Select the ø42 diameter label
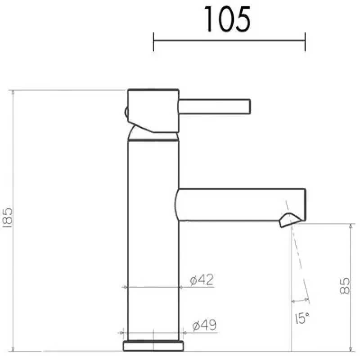click(x=201, y=280)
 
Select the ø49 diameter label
click(x=204, y=325)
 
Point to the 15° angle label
click(x=302, y=319)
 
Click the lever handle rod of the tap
click(x=214, y=107)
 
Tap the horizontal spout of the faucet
click(x=234, y=205)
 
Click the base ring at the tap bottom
click(x=154, y=346)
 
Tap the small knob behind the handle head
click(x=126, y=112)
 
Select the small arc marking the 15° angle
click(x=300, y=300)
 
